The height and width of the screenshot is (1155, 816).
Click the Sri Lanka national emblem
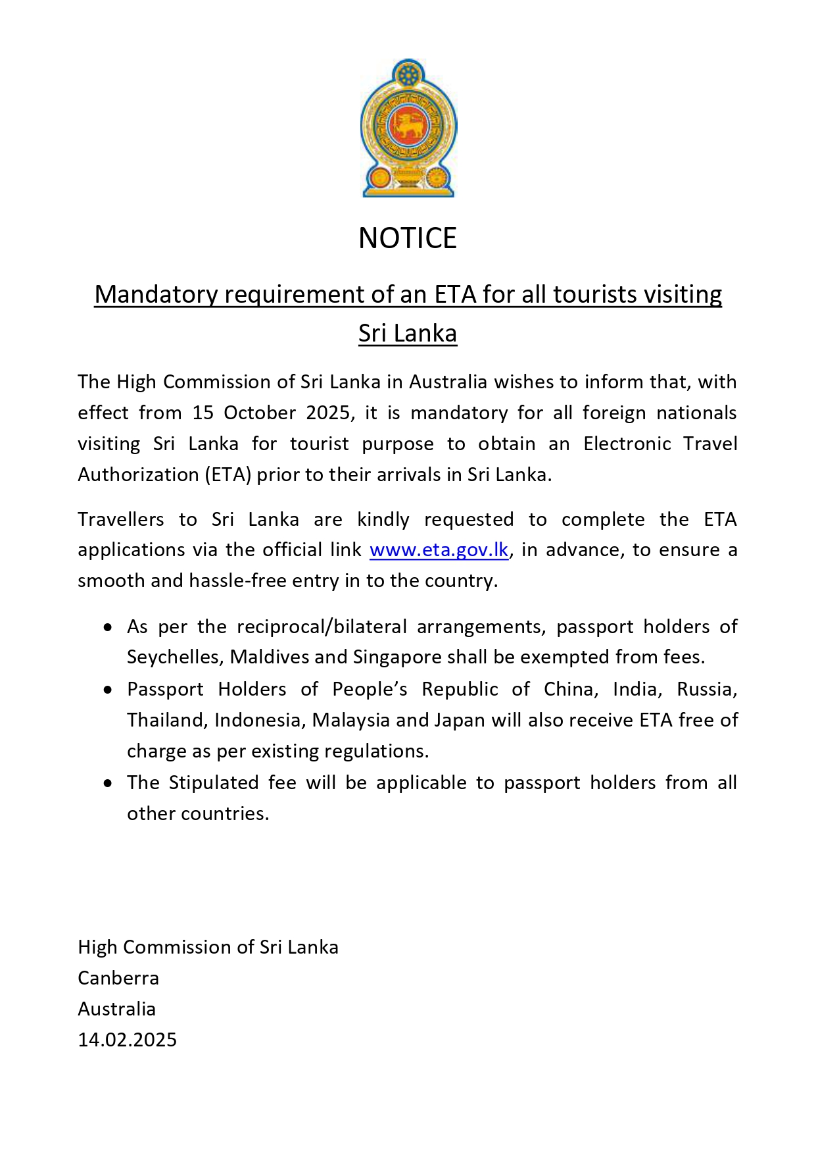[408, 129]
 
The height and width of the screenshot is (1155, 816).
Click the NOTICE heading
[408, 238]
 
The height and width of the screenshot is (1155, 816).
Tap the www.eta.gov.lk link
[439, 550]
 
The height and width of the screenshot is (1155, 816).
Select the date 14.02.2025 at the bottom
[128, 1040]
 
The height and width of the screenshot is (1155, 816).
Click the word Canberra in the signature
[118, 978]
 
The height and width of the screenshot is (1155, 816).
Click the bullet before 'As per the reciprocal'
[108, 628]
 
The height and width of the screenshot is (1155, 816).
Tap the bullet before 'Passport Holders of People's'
[108, 690]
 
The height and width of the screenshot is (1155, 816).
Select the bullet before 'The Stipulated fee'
[108, 784]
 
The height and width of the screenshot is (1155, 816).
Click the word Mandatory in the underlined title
[155, 294]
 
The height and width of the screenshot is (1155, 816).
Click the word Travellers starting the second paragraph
[121, 519]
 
